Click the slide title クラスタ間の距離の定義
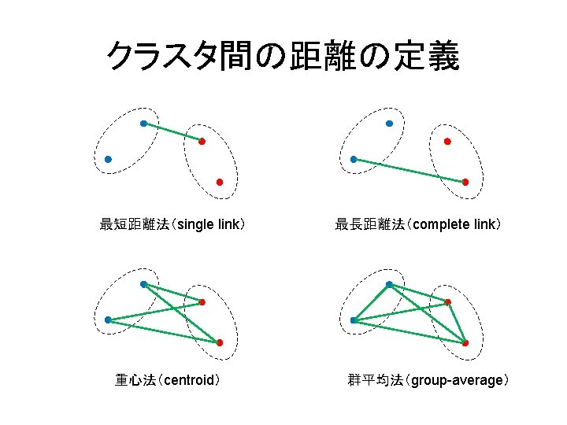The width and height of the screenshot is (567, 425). coord(283,56)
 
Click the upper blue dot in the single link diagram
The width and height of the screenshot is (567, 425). coord(143,124)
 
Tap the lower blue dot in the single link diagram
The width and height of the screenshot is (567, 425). coord(108,159)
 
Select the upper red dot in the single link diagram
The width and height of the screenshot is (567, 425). coord(202,142)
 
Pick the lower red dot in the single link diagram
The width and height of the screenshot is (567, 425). coord(220,182)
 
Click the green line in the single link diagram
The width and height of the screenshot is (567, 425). coord(172,132)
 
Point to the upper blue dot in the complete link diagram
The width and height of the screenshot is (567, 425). coord(389,124)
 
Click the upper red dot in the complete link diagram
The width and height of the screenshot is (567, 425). coord(447,142)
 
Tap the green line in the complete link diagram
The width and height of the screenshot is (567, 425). coord(409,171)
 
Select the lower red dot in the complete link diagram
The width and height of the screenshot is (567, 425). coord(465,182)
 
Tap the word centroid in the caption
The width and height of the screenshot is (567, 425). coord(187,381)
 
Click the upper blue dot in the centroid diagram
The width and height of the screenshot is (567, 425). coord(143,284)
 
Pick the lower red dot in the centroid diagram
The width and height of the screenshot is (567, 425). coord(220,342)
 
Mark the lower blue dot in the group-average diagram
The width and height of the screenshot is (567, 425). coord(354,320)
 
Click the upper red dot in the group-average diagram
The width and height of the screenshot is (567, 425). coord(447,302)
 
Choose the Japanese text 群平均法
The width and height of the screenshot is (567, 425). coord(375,381)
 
